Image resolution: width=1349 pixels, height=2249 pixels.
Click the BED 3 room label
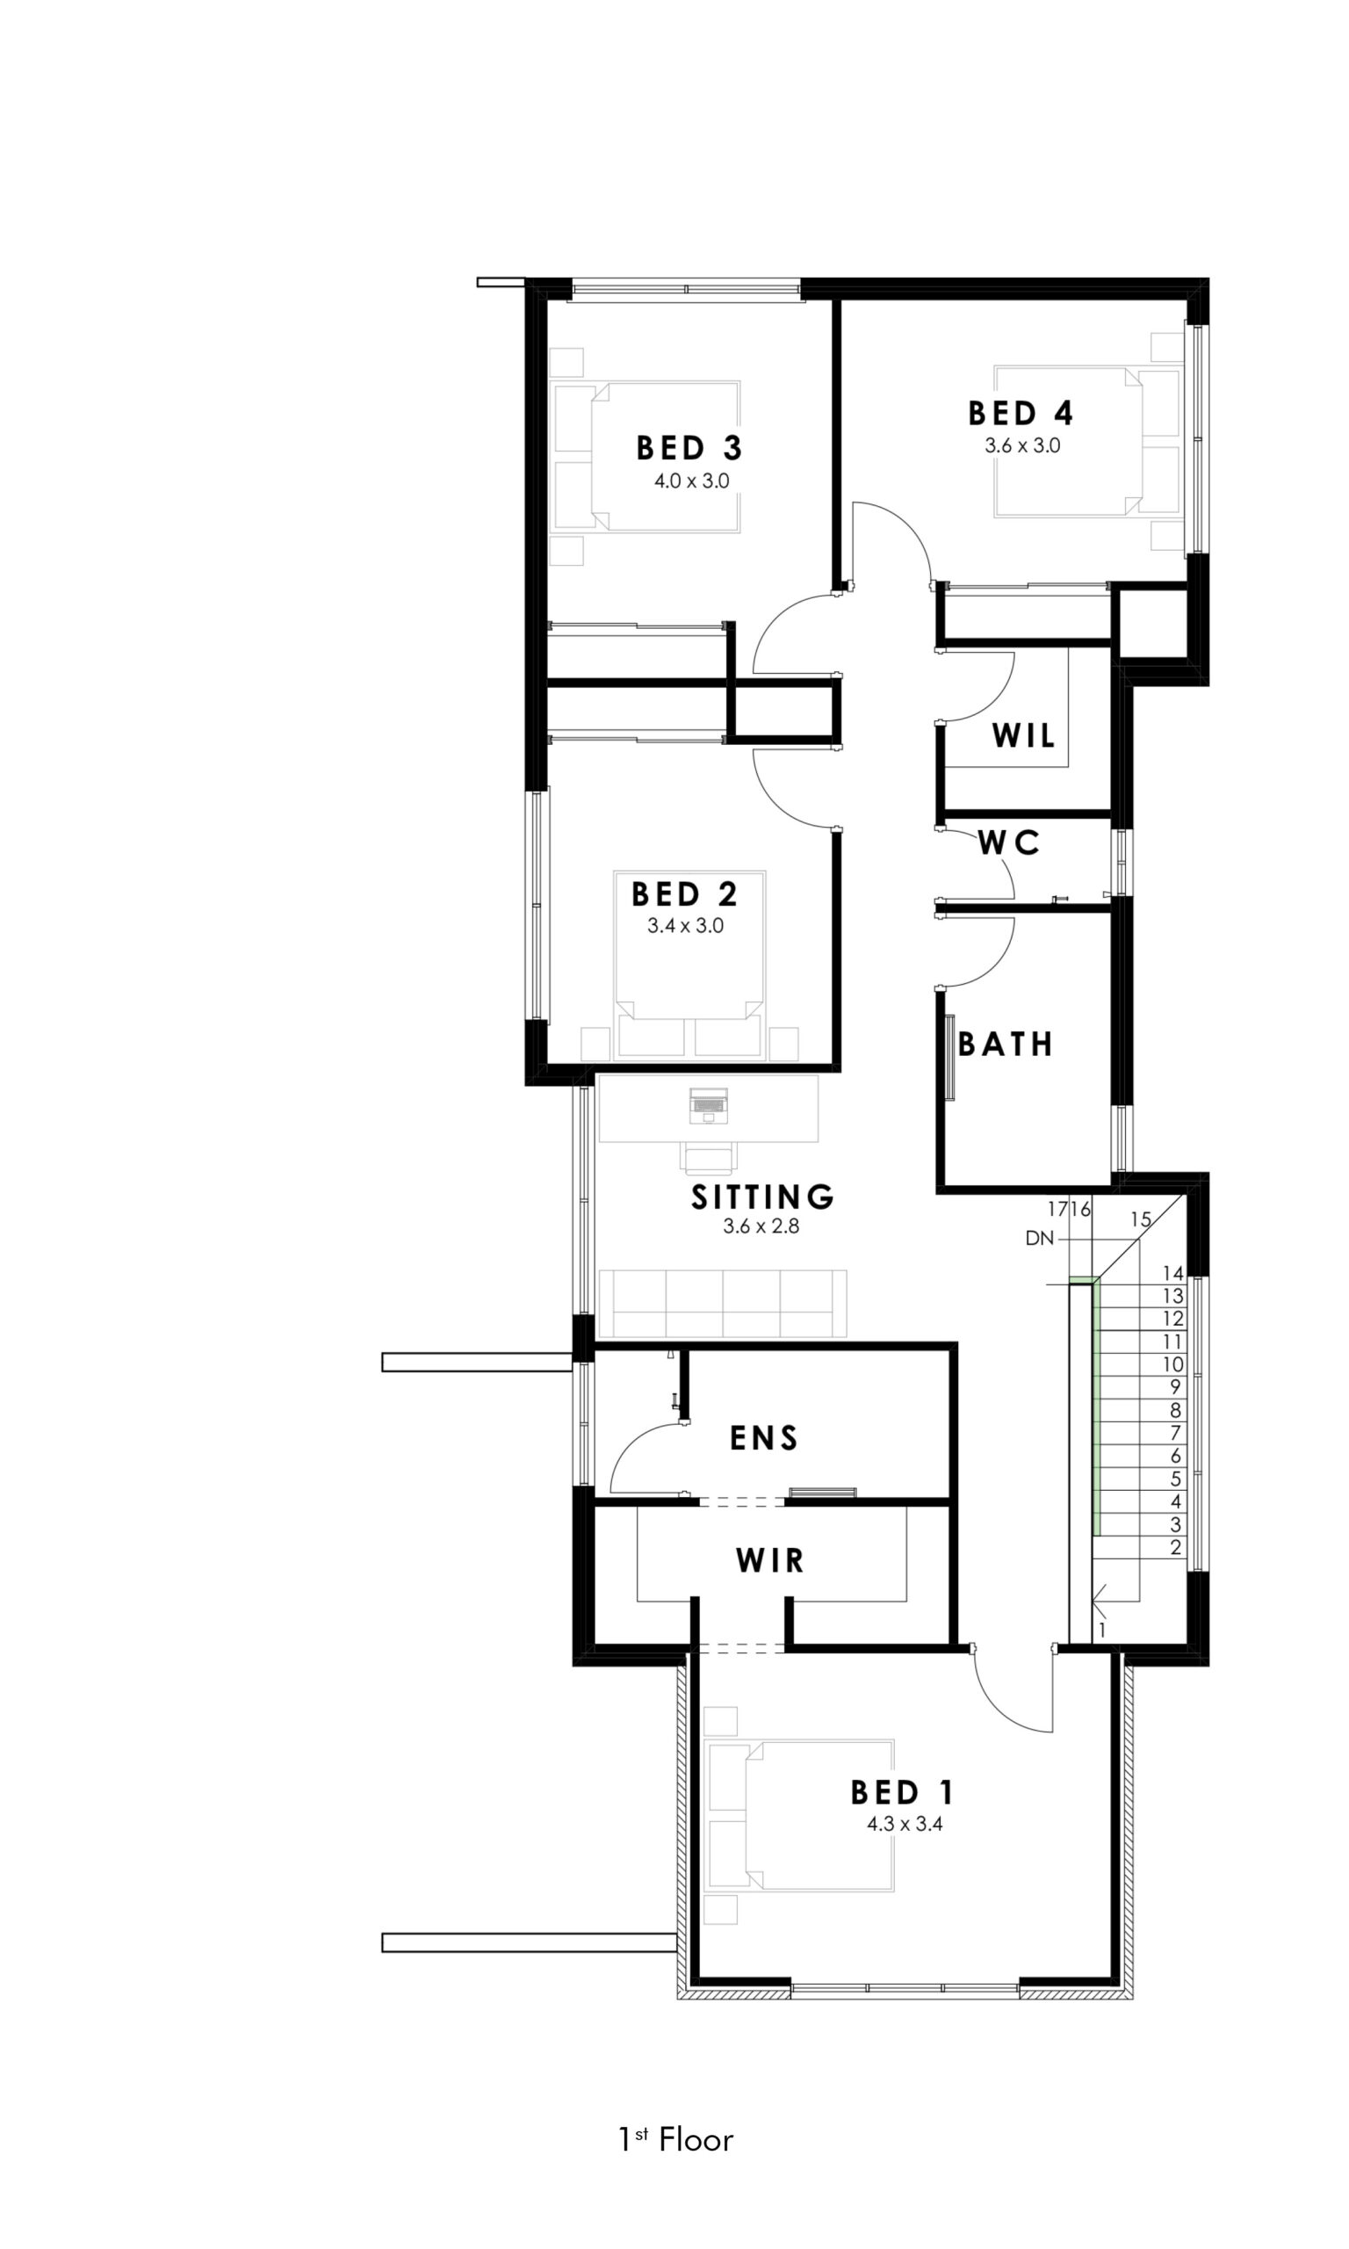click(689, 448)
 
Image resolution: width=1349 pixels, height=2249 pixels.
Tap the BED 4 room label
click(1021, 414)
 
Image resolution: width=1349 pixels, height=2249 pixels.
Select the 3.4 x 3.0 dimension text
click(685, 926)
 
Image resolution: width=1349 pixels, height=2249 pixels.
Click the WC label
click(1009, 843)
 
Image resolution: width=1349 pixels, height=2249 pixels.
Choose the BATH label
click(1006, 1045)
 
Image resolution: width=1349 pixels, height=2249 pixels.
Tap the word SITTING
click(762, 1197)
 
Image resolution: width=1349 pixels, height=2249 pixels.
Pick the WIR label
click(770, 1561)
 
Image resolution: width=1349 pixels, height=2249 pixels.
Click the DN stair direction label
click(1039, 1238)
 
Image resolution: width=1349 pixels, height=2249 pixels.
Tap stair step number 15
click(1141, 1220)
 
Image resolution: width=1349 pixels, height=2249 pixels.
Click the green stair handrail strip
click(1096, 1407)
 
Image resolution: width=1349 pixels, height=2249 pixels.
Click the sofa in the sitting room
click(723, 1303)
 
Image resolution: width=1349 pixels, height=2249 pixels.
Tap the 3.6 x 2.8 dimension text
click(761, 1226)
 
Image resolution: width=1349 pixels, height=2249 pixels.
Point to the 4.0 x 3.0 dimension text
click(692, 481)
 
